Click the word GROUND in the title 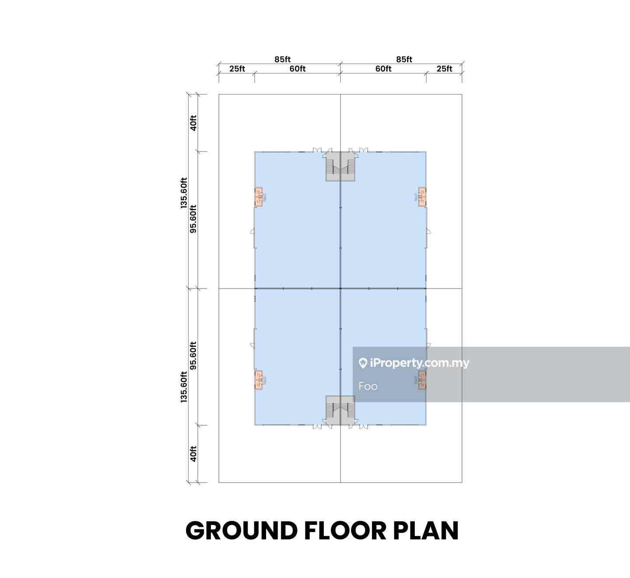pos(242,531)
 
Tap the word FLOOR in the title pos(346,531)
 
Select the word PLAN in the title pos(426,531)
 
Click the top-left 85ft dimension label pos(283,59)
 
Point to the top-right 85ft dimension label pos(404,59)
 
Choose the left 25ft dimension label pos(237,69)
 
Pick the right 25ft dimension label pos(444,69)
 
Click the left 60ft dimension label pos(297,69)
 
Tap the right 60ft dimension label pos(383,69)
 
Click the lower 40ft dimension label pos(193,453)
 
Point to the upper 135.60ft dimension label pos(184,193)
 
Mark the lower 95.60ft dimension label pos(193,356)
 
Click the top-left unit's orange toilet pos(259,197)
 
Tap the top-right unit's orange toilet pos(422,197)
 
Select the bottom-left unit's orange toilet pos(259,380)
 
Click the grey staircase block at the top pos(340,166)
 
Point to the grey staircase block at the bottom pos(340,410)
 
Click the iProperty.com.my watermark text pos(414,363)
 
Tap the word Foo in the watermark pos(368,386)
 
